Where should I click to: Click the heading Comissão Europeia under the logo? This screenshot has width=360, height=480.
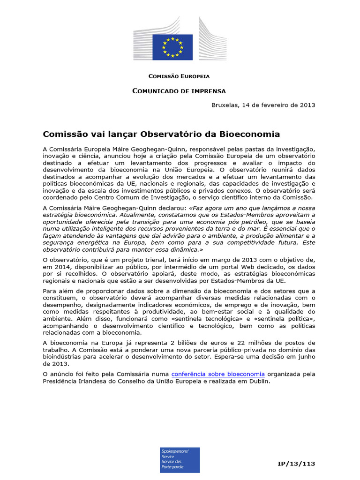point(179,76)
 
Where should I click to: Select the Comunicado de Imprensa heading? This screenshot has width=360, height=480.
point(179,91)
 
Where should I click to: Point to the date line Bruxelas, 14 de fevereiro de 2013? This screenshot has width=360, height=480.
point(263,105)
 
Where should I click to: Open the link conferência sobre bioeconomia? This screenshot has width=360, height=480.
point(218,374)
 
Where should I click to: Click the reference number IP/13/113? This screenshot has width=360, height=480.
point(296,464)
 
